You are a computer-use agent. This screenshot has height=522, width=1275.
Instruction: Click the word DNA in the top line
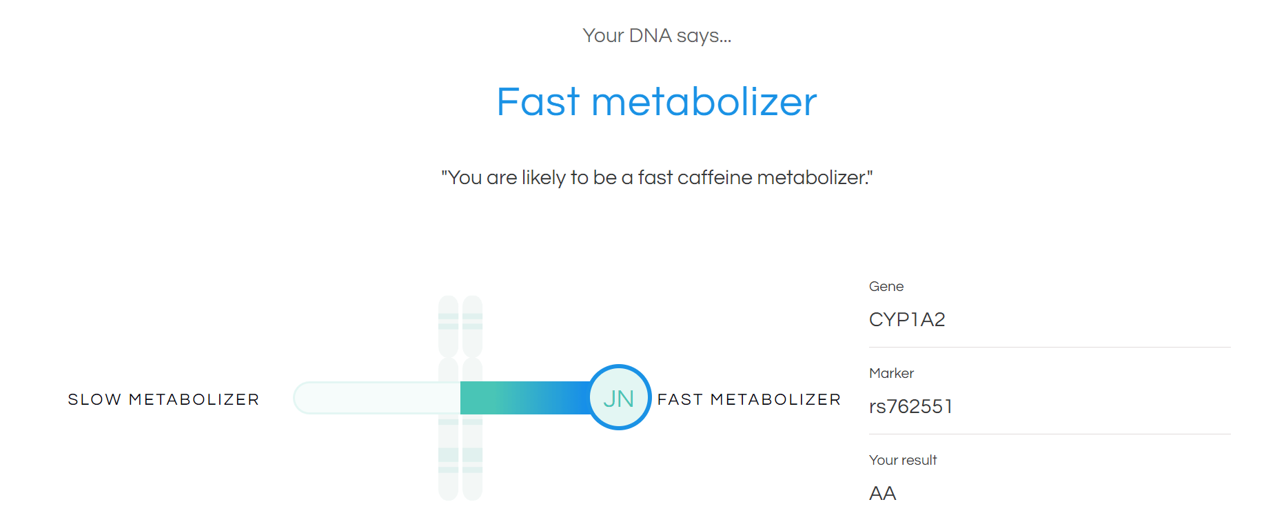(x=650, y=35)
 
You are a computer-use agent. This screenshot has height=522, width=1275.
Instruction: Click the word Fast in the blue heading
(x=538, y=102)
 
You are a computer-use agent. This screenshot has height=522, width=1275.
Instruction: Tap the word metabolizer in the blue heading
(x=704, y=102)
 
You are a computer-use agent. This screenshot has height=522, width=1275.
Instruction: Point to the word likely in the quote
(x=544, y=178)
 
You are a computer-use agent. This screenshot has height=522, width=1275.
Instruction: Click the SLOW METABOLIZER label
(x=163, y=399)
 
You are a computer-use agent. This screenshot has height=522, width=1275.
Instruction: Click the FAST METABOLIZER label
(x=749, y=399)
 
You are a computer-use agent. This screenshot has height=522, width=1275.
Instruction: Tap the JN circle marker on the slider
(x=619, y=397)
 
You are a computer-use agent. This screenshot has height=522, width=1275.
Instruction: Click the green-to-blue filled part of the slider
(x=524, y=398)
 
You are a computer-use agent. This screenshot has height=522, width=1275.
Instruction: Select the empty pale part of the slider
(x=377, y=398)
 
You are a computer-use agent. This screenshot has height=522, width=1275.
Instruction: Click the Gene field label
(x=886, y=286)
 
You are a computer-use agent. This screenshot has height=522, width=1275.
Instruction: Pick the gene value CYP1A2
(x=907, y=319)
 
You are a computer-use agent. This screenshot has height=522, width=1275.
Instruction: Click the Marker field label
(x=892, y=373)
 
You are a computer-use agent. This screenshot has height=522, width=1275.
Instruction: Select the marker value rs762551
(x=911, y=406)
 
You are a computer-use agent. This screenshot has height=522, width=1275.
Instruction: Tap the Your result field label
(x=903, y=460)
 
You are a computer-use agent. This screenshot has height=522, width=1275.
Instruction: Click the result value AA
(x=883, y=493)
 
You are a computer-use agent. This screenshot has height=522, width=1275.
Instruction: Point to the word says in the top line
(x=704, y=36)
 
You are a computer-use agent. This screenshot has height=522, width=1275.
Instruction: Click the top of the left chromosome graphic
(x=449, y=298)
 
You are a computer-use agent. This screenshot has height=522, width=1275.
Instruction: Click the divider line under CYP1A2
(x=1050, y=347)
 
